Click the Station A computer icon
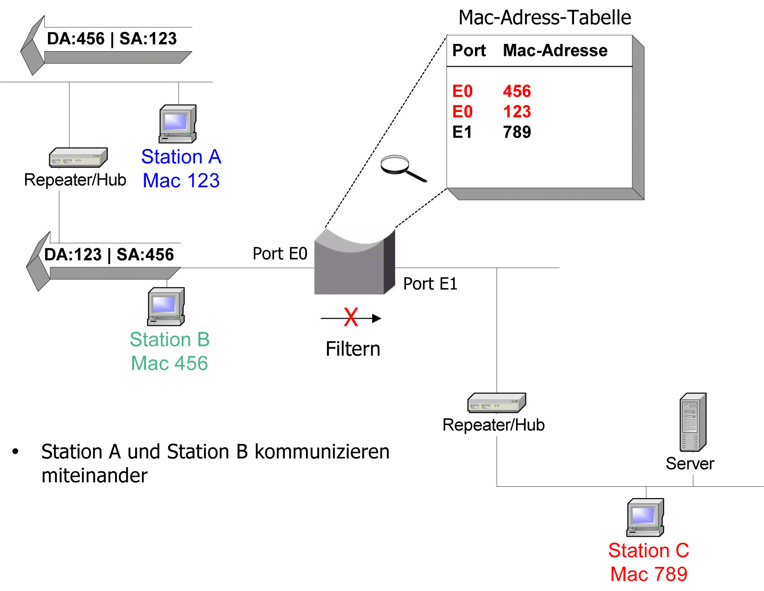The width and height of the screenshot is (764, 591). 178,124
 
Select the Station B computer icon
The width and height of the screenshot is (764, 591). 166,306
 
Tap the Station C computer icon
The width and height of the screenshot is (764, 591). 645,517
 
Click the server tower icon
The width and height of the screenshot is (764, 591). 693,422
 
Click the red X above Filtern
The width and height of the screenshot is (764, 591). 351,317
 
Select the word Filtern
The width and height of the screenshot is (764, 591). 353,349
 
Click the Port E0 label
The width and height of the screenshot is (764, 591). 280,254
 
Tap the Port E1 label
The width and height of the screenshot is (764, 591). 430,284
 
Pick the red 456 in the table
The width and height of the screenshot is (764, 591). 517,91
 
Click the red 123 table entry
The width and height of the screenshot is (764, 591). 517,112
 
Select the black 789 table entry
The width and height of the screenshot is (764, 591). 517,133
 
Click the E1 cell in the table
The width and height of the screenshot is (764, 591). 462,133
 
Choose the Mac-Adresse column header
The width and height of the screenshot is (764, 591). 555,50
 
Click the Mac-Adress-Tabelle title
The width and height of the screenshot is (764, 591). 544,18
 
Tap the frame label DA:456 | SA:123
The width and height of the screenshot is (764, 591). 112,39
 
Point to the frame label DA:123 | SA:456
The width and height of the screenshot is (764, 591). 109,255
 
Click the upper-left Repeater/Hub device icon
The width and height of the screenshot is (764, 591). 78,158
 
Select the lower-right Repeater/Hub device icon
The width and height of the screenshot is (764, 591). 496,403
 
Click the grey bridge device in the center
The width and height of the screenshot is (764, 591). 354,265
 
